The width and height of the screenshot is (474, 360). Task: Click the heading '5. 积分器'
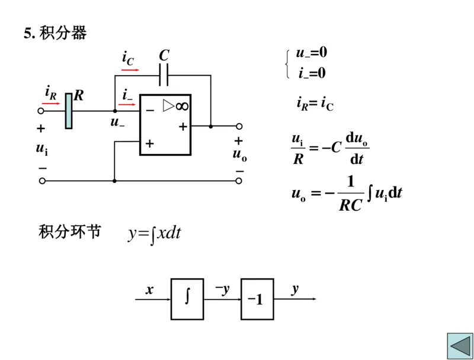click(55, 33)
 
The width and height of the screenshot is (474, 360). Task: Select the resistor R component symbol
click(69, 111)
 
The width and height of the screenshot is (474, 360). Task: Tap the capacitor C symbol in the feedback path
click(164, 75)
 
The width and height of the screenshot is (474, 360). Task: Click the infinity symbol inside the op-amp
click(182, 106)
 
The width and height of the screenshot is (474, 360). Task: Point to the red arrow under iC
click(130, 70)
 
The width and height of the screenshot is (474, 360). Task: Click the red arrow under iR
click(51, 103)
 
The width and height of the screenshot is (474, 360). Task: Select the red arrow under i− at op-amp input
click(127, 104)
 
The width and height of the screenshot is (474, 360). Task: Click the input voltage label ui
click(41, 149)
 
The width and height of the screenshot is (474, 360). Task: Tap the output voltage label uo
click(239, 155)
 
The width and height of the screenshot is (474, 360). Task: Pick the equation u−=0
click(312, 53)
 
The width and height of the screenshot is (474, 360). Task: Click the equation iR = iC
click(315, 104)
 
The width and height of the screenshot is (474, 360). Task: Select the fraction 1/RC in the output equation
click(350, 194)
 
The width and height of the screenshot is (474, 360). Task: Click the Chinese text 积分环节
click(69, 231)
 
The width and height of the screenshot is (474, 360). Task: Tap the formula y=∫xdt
click(154, 233)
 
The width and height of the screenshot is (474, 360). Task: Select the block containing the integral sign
click(187, 299)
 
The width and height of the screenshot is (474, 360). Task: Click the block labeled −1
click(257, 299)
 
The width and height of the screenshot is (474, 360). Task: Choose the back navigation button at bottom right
click(459, 345)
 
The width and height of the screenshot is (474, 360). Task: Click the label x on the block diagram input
click(149, 290)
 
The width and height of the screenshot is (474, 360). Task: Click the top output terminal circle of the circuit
click(239, 126)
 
